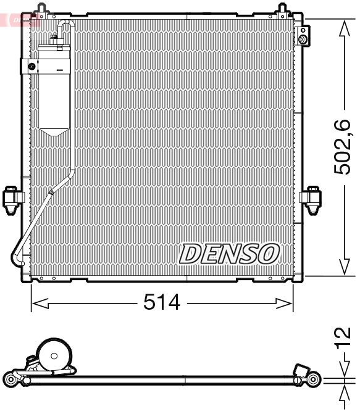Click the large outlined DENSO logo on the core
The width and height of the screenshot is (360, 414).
[x=229, y=253]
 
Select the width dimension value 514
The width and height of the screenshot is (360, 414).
[x=162, y=302]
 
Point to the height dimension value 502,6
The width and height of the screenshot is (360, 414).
[x=343, y=147]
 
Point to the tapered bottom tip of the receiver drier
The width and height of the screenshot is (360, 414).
[x=55, y=131]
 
